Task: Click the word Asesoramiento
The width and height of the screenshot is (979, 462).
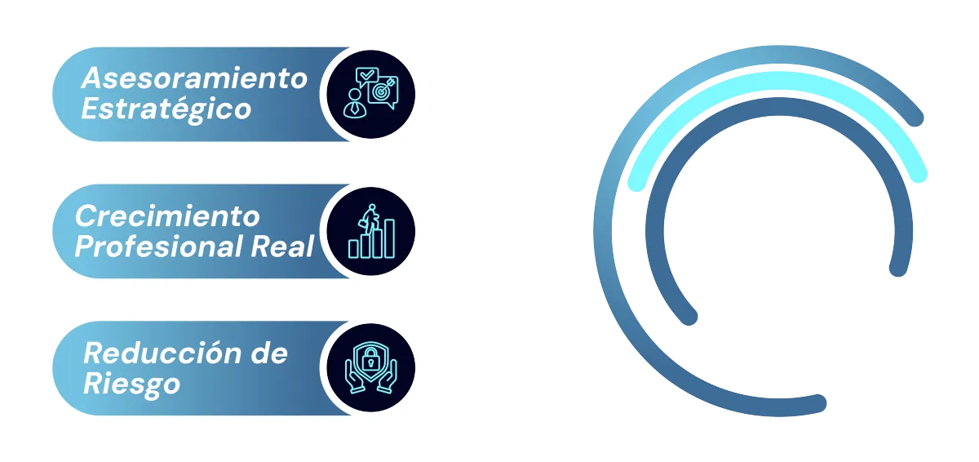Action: click(x=194, y=78)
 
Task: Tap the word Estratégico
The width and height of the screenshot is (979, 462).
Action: click(x=166, y=109)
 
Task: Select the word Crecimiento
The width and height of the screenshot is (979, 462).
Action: click(x=167, y=216)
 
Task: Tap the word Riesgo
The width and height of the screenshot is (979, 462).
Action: click(x=131, y=384)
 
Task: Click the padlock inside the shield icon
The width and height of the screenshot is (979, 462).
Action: click(x=370, y=358)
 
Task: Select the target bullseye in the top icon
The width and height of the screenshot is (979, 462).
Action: click(x=382, y=91)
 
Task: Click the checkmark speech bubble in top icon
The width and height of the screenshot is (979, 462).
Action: click(x=366, y=76)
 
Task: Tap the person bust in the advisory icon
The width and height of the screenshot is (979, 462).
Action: click(x=354, y=103)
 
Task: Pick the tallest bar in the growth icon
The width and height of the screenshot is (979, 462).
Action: click(x=389, y=238)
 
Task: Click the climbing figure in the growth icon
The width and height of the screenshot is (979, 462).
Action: click(x=369, y=218)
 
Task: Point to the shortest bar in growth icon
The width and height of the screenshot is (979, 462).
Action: click(x=353, y=249)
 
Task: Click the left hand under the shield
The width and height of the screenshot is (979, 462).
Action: click(x=356, y=376)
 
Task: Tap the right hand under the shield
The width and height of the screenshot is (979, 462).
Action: click(x=387, y=376)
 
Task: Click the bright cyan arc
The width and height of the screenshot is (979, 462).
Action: click(x=777, y=82)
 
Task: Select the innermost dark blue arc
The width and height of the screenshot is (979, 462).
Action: click(x=779, y=107)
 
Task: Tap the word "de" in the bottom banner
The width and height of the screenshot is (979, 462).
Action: click(x=269, y=353)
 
